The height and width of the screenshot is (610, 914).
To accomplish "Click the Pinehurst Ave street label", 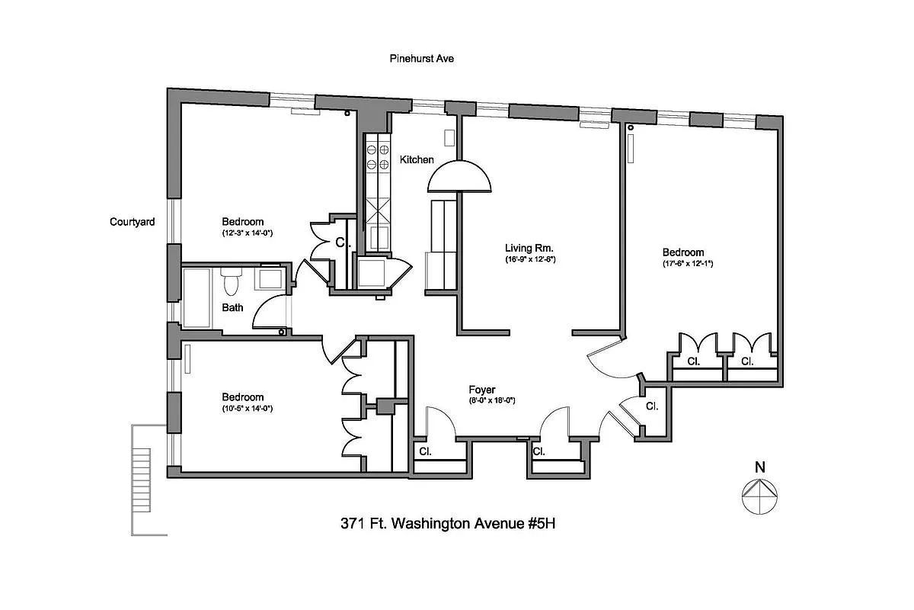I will [x=422, y=58].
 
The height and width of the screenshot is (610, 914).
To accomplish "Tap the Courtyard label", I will [x=133, y=222].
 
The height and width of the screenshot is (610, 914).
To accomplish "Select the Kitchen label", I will [x=417, y=159].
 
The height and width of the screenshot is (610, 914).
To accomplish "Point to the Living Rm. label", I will [x=529, y=248].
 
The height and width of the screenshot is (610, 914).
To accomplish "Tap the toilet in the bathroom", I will [x=232, y=282].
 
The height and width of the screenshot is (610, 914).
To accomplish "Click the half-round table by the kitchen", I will [x=460, y=178].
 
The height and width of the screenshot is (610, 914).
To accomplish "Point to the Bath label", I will [x=232, y=308].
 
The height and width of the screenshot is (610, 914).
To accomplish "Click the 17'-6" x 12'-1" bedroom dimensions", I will [x=687, y=264].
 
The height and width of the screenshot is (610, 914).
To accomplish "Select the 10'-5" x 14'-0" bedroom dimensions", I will [x=247, y=408].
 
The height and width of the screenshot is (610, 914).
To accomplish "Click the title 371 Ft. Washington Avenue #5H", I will [x=452, y=525].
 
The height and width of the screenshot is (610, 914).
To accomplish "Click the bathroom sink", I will [x=270, y=278].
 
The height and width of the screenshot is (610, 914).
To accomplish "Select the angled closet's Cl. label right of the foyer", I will [x=652, y=406].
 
